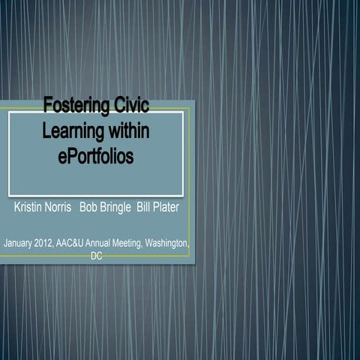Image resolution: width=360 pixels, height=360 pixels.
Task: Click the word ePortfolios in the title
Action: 95,156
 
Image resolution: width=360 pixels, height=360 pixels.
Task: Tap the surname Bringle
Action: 116,207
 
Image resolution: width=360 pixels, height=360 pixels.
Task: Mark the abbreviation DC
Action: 96,256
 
